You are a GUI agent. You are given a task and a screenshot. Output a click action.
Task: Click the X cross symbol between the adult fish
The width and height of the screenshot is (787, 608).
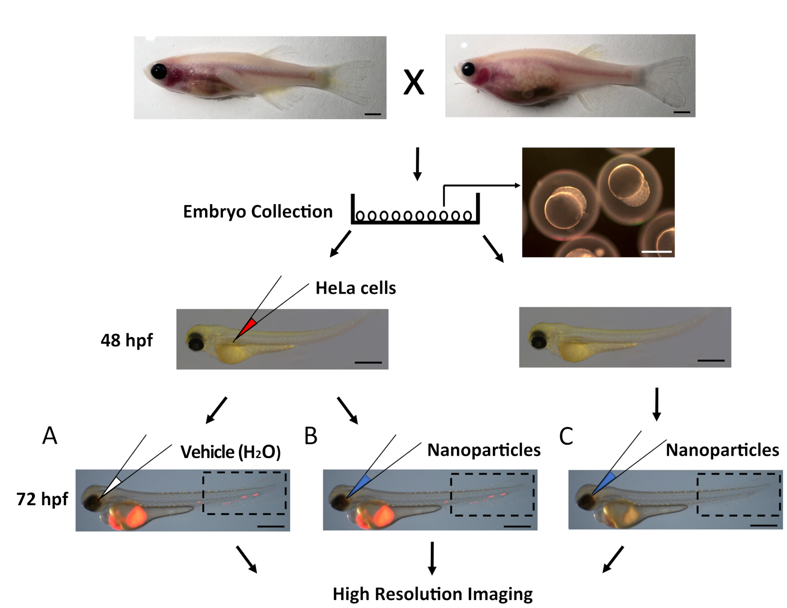click(414, 82)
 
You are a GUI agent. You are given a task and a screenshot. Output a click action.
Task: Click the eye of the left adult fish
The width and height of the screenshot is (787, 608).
click(159, 72)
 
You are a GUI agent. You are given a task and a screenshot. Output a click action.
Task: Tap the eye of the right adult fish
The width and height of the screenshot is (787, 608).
click(468, 69)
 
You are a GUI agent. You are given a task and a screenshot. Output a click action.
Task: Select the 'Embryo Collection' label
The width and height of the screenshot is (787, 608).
click(258, 212)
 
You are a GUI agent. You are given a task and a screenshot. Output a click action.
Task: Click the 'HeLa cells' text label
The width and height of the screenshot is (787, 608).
click(356, 288)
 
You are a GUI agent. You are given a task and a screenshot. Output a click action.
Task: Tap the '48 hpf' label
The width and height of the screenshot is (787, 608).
click(126, 340)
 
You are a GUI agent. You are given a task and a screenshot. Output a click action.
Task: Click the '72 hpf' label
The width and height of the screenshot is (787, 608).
click(42, 499)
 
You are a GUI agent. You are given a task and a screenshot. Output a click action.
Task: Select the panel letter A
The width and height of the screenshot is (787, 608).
click(50, 436)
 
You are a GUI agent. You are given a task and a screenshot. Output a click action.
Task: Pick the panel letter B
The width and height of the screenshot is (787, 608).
click(311, 436)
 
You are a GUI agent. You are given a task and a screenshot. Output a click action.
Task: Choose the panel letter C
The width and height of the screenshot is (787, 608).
click(566, 436)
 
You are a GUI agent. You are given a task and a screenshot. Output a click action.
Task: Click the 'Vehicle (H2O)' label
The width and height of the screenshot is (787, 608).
click(231, 452)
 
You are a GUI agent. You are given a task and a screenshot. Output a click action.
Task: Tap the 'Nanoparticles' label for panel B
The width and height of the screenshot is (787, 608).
click(484, 450)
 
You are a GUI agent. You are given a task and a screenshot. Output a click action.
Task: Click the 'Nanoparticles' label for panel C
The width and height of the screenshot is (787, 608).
click(723, 450)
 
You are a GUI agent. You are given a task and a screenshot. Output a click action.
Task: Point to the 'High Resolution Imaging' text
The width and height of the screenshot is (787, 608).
click(432, 594)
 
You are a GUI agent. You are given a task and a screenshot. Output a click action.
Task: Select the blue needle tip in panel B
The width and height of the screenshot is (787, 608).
click(362, 482)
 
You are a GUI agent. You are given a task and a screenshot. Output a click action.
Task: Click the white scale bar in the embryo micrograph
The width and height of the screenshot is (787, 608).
click(657, 252)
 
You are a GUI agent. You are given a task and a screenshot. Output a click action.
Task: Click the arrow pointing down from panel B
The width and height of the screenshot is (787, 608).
click(432, 558)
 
